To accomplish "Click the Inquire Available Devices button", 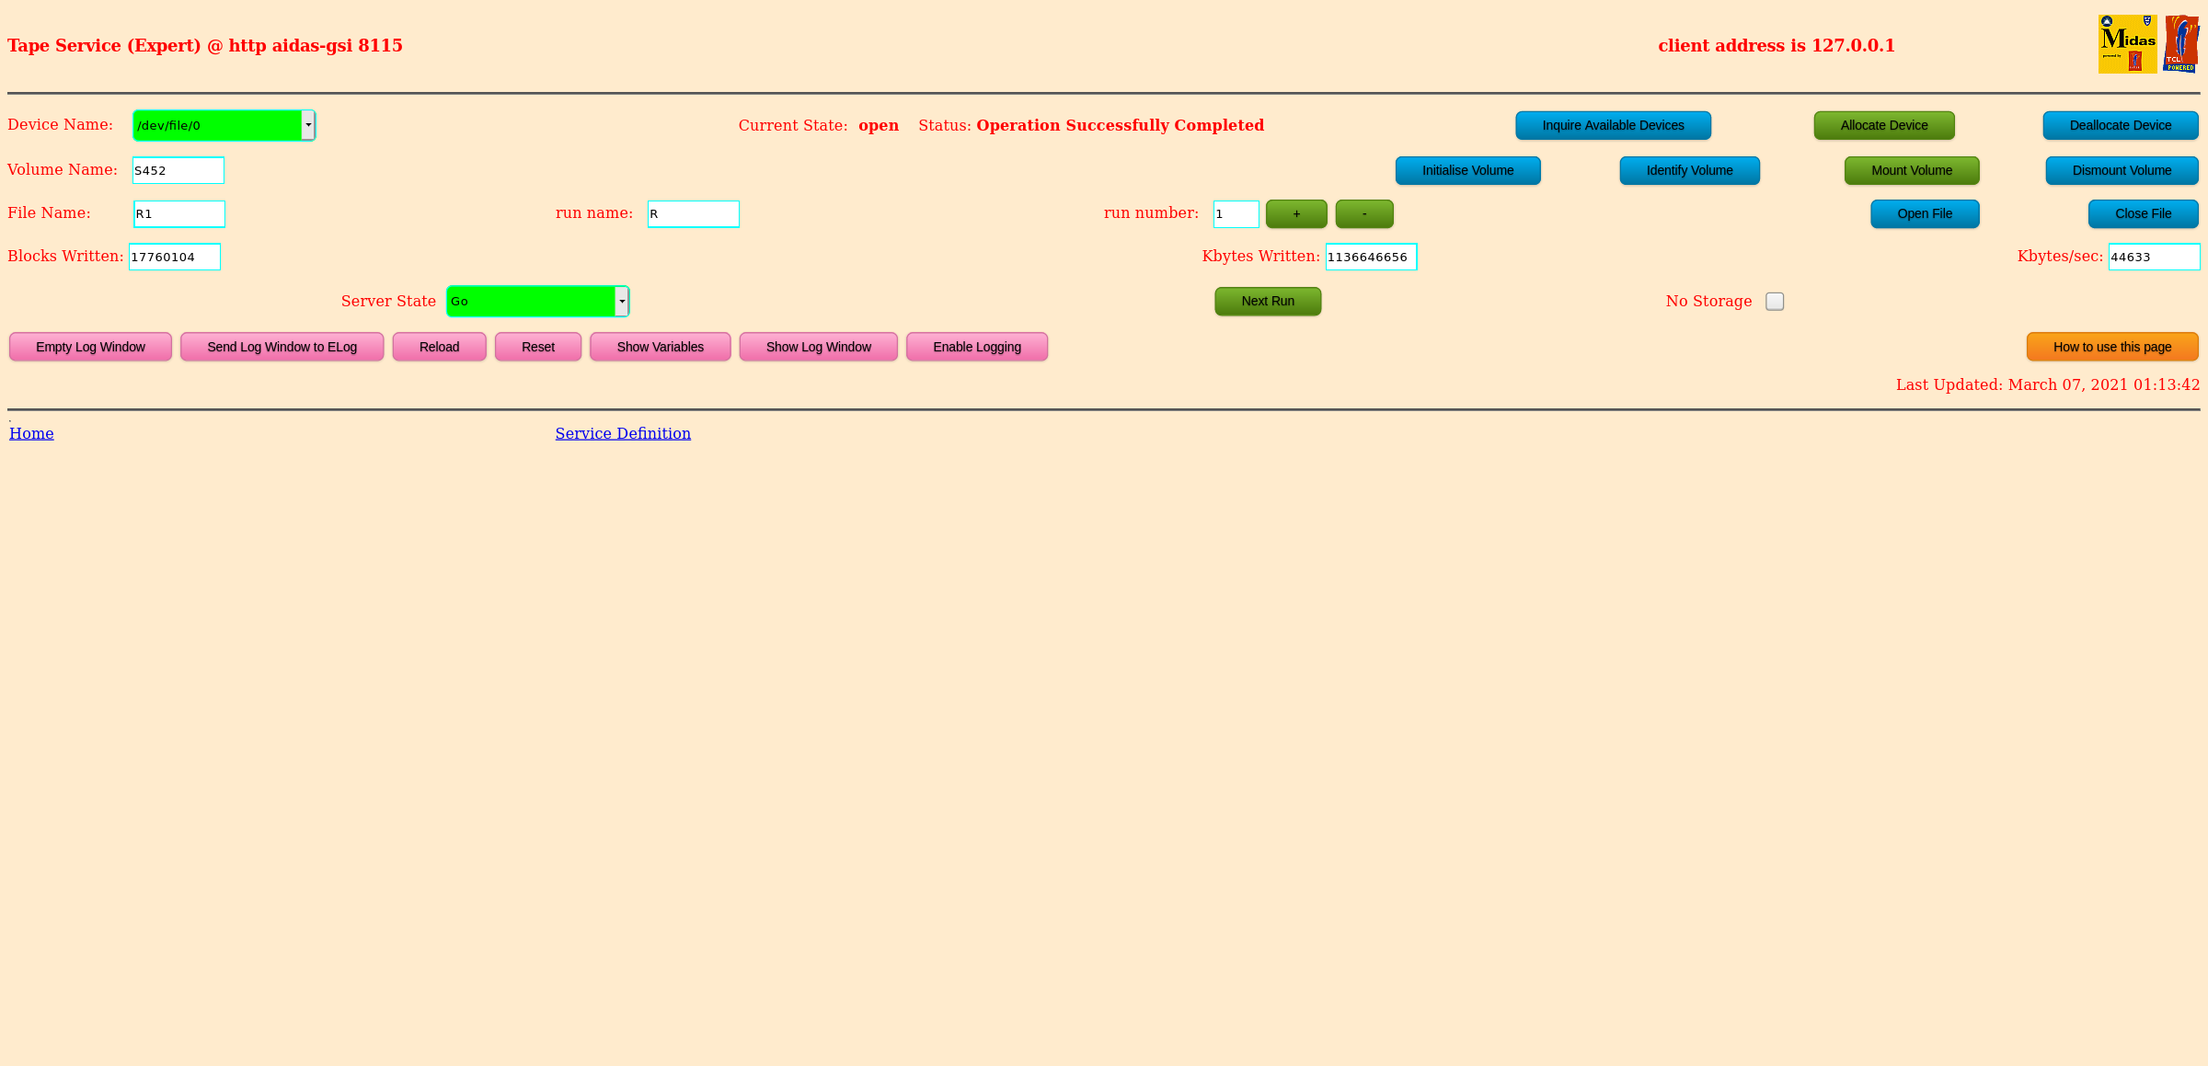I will tap(1613, 125).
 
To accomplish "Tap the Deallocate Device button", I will tap(2120, 125).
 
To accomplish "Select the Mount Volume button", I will tap(1911, 170).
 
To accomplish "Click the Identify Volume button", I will tap(1689, 170).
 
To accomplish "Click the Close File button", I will tap(2143, 213).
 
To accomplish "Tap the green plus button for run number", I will tap(1296, 213).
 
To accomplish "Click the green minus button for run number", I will tap(1364, 213).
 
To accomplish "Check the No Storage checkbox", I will tap(1775, 302).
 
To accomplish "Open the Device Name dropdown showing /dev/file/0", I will tap(224, 125).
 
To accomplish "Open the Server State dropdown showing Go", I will tap(537, 302).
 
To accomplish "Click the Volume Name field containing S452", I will tap(178, 170).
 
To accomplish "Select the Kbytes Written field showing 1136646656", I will tap(1371, 257).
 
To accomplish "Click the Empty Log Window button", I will tap(90, 347).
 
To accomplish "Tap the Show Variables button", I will tap(660, 347).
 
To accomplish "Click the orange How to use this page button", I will tap(2111, 347).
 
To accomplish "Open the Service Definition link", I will tap(623, 433).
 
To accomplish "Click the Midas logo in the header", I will tap(2127, 43).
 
